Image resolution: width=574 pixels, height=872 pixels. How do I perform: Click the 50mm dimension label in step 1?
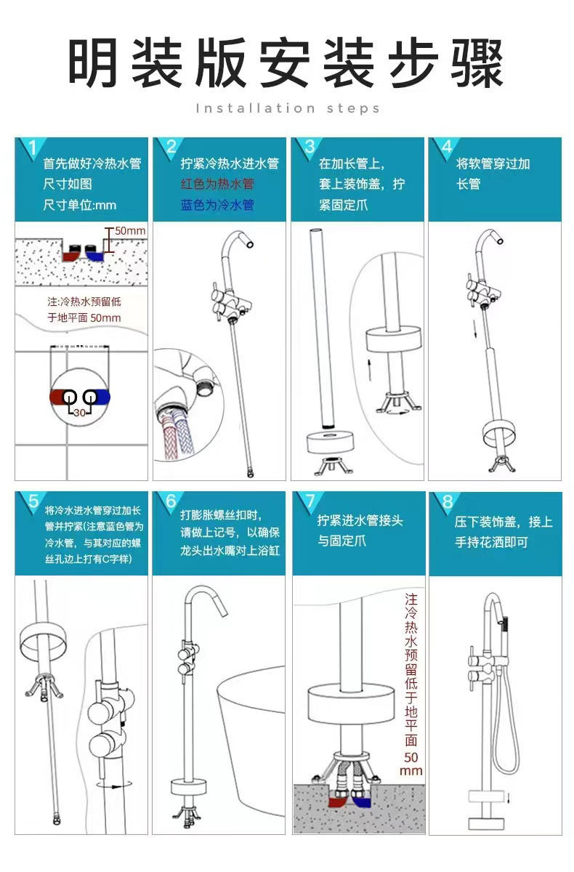[130, 231]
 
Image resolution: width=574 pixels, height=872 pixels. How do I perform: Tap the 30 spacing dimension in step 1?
[79, 412]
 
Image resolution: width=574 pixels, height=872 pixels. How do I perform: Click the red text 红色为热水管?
[217, 184]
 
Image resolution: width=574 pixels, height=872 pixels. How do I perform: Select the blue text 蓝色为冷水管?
[217, 205]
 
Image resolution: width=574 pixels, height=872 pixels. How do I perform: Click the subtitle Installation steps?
[288, 108]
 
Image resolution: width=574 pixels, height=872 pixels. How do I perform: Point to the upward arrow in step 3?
[369, 370]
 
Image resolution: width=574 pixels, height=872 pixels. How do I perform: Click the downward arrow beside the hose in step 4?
[474, 328]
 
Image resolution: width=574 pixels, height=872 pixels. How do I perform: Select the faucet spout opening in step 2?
[250, 244]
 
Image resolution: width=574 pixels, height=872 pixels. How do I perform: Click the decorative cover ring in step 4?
[498, 432]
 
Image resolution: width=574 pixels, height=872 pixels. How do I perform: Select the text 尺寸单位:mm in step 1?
[79, 205]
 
